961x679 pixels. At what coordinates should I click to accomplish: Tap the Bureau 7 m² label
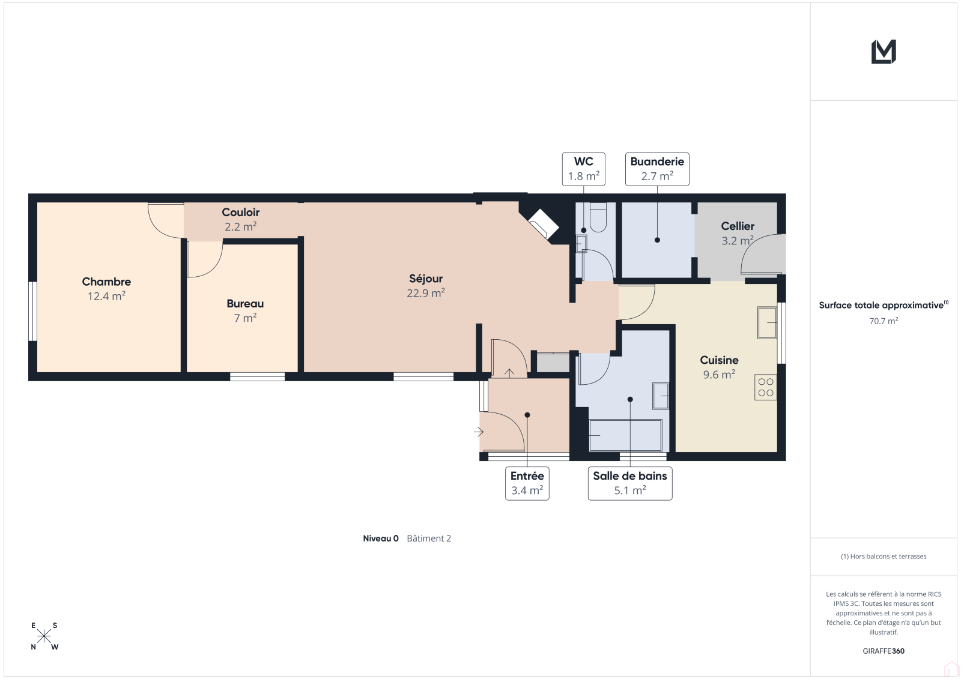pyautogui.click(x=245, y=310)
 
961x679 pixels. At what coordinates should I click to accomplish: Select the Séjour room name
pyautogui.click(x=426, y=279)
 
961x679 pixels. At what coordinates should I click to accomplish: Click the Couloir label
pyautogui.click(x=240, y=213)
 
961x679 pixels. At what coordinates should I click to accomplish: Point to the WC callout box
pyautogui.click(x=583, y=169)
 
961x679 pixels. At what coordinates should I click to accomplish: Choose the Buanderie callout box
pyautogui.click(x=657, y=169)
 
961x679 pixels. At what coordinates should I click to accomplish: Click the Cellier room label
pyautogui.click(x=738, y=226)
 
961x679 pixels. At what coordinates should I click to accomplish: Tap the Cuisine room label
pyautogui.click(x=719, y=360)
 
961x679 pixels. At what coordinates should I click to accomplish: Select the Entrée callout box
pyautogui.click(x=527, y=483)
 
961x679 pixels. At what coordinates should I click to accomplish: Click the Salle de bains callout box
pyautogui.click(x=630, y=483)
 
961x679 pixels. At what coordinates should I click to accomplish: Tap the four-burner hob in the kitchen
pyautogui.click(x=765, y=387)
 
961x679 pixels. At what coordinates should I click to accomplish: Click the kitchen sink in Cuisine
pyautogui.click(x=766, y=322)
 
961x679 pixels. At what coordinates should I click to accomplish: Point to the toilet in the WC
pyautogui.click(x=598, y=217)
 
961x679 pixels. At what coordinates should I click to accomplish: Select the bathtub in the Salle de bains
pyautogui.click(x=625, y=435)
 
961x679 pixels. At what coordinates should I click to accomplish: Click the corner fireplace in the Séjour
pyautogui.click(x=544, y=224)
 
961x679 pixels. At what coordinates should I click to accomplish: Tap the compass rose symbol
pyautogui.click(x=44, y=636)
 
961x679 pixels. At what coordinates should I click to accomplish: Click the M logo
pyautogui.click(x=884, y=52)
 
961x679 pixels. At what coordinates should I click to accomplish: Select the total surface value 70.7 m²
pyautogui.click(x=884, y=321)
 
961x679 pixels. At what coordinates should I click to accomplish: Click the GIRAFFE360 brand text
pyautogui.click(x=884, y=651)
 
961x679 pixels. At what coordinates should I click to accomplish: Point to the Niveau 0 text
pyautogui.click(x=381, y=539)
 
